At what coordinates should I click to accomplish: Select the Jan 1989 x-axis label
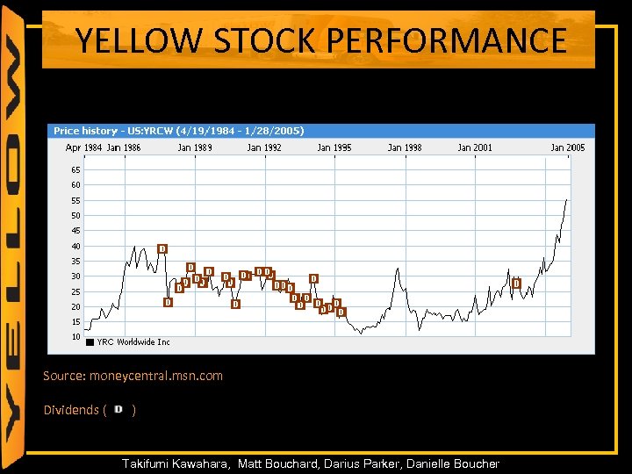[x=195, y=147]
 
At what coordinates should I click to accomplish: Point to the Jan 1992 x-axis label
[x=264, y=147]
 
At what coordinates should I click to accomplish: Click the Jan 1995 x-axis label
[x=334, y=147]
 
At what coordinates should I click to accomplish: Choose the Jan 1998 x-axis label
[x=405, y=147]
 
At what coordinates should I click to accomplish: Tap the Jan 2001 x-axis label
[x=475, y=147]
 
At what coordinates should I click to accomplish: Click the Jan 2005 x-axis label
[x=567, y=147]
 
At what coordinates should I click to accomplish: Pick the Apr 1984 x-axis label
[x=84, y=147]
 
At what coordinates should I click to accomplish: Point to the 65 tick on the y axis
[x=75, y=169]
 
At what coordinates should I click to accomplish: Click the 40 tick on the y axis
[x=75, y=246]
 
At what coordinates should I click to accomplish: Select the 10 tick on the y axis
[x=75, y=337]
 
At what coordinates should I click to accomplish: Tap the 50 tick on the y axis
[x=75, y=215]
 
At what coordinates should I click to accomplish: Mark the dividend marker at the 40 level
[x=162, y=248]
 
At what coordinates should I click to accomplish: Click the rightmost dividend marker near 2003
[x=516, y=283]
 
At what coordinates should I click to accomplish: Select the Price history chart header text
[x=179, y=131]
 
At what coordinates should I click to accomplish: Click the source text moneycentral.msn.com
[x=155, y=376]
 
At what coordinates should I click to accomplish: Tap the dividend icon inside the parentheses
[x=118, y=410]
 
